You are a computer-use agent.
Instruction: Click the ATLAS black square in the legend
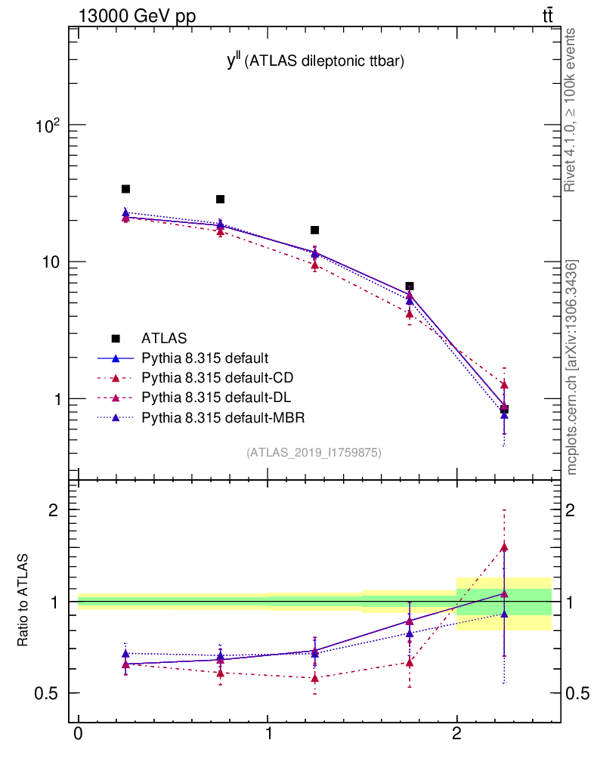coord(116,338)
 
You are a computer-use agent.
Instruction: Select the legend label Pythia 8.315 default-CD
coord(217,377)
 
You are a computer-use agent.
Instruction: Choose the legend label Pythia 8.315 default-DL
coord(216,398)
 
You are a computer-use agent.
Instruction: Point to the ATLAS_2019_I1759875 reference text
coord(314,453)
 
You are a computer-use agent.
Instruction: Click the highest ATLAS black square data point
coord(125,189)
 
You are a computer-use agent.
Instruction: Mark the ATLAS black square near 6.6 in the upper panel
coord(410,286)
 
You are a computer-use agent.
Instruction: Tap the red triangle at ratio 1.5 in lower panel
coord(504,547)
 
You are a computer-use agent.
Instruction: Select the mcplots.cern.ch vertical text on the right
coord(572,367)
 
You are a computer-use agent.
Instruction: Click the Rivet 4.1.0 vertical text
coord(572,110)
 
